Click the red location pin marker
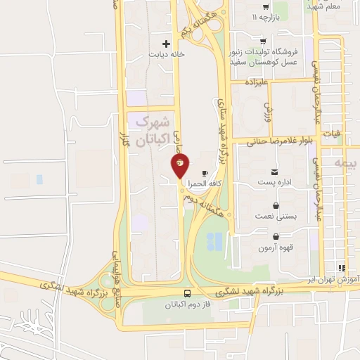point(180,166)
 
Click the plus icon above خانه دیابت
point(166,43)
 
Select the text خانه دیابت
point(166,54)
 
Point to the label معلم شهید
point(323,6)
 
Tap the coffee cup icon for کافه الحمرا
point(205,173)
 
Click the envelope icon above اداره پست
point(274,172)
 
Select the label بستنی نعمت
point(275,217)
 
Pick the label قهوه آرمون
point(275,247)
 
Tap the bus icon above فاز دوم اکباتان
point(188,293)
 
